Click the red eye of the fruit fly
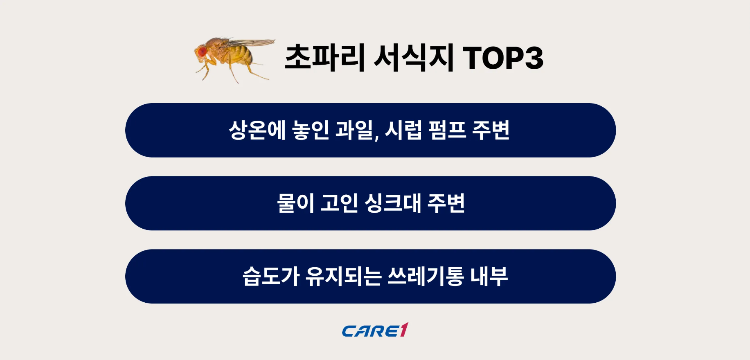tap(202, 52)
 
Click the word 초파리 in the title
tap(324, 58)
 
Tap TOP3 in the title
tap(503, 58)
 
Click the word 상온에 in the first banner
tap(257, 130)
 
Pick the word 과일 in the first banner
tap(355, 130)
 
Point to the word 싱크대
tap(392, 203)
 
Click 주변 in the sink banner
tap(446, 203)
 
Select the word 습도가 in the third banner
tap(270, 276)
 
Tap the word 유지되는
tap(344, 276)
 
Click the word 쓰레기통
tap(426, 276)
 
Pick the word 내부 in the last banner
tap(489, 276)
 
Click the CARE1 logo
tap(375, 330)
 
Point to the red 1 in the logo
tap(404, 329)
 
